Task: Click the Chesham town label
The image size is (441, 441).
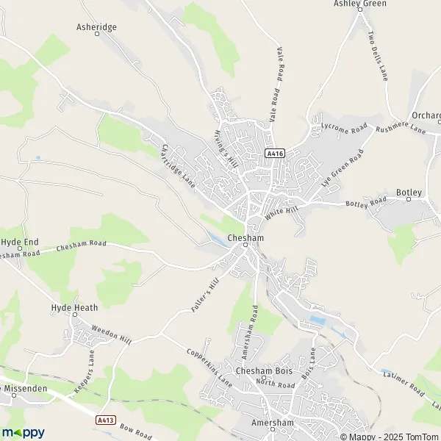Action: (x=246, y=239)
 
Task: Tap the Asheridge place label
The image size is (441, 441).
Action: (x=96, y=26)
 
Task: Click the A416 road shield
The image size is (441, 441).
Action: (x=274, y=153)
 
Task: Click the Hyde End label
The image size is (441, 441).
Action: (x=19, y=241)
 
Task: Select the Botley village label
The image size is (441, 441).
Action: (x=409, y=193)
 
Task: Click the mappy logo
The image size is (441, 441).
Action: (x=24, y=432)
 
